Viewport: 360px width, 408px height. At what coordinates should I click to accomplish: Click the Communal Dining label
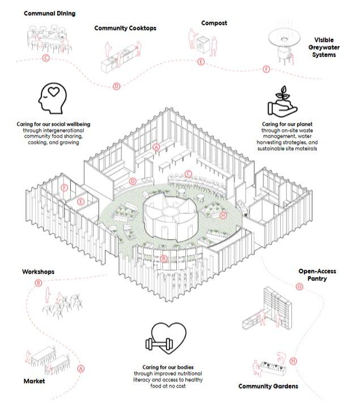click(49, 12)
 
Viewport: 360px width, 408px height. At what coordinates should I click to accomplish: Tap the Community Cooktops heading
click(125, 28)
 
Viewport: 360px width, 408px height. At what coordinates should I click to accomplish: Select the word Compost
click(214, 23)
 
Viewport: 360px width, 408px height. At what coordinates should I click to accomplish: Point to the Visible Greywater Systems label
click(332, 48)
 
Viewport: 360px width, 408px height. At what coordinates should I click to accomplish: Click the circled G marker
click(299, 287)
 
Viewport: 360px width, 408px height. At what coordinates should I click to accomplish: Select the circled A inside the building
click(156, 147)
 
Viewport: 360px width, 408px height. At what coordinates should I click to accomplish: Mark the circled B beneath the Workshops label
click(39, 283)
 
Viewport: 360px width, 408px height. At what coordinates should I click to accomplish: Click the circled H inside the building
click(223, 215)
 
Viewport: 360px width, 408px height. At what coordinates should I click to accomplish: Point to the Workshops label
click(38, 272)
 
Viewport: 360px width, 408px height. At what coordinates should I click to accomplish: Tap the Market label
click(33, 381)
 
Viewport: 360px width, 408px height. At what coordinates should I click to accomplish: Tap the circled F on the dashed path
click(266, 69)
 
